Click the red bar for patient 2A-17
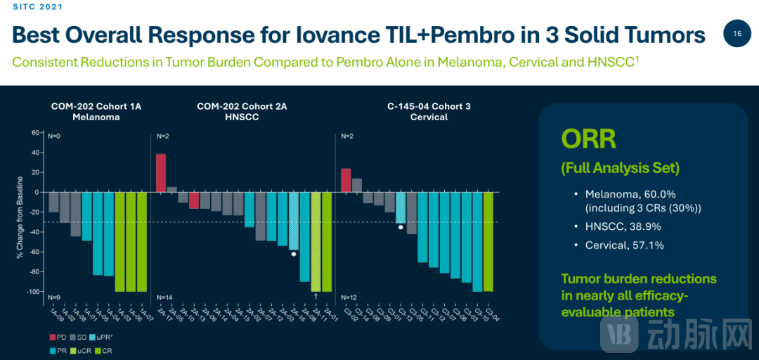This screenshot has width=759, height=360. (161, 172)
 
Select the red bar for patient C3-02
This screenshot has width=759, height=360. (346, 180)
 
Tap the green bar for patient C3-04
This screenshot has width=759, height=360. (488, 241)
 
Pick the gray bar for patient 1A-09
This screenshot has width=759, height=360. (53, 202)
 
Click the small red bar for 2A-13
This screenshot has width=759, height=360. (194, 200)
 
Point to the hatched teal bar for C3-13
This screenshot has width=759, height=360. (401, 207)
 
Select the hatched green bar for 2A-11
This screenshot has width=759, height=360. (316, 241)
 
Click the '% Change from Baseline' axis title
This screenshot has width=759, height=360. (22, 212)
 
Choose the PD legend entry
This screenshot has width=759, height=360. (58, 338)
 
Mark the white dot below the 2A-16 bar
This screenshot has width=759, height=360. (294, 254)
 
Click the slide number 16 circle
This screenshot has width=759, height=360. (737, 34)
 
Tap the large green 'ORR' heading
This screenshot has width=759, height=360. (588, 139)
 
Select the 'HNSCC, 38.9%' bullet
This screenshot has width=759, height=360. (623, 226)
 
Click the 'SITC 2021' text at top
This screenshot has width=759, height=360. (37, 7)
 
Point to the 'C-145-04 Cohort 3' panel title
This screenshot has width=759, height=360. (429, 106)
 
